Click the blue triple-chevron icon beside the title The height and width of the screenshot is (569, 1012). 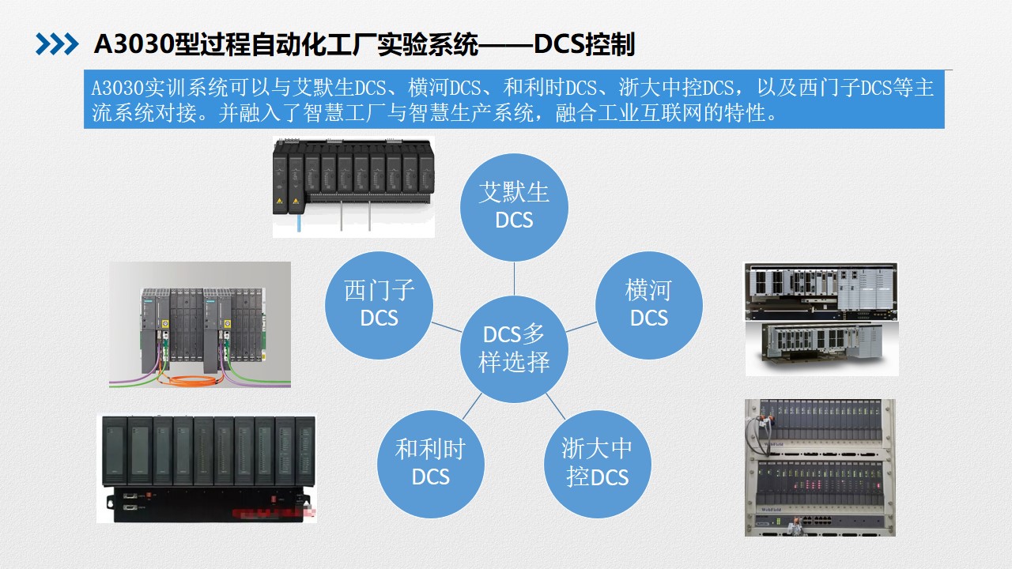pyautogui.click(x=57, y=44)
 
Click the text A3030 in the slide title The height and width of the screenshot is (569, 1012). pyautogui.click(x=134, y=44)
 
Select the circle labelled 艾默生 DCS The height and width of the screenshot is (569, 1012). pyautogui.click(x=514, y=207)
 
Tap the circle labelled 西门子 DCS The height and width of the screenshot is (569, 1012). pyautogui.click(x=379, y=305)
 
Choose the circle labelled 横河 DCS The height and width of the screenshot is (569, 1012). pyautogui.click(x=649, y=305)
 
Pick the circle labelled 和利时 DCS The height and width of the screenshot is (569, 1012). pyautogui.click(x=431, y=464)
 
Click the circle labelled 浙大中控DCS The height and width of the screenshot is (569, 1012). pyautogui.click(x=597, y=464)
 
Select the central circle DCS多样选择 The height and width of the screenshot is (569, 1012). pyautogui.click(x=514, y=349)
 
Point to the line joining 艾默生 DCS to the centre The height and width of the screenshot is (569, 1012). pyautogui.click(x=514, y=279)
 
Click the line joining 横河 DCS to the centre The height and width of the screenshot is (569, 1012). pyautogui.click(x=581, y=327)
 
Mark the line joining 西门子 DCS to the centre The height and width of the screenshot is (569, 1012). pyautogui.click(x=447, y=327)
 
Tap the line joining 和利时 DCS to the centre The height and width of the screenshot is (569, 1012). pyautogui.click(x=472, y=406)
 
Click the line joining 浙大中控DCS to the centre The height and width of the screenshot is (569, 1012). pyautogui.click(x=556, y=406)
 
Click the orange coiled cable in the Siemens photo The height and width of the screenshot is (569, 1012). pyautogui.click(x=190, y=382)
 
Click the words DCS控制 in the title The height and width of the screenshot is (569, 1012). pyautogui.click(x=584, y=44)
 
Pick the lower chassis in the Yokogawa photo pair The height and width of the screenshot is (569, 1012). pyautogui.click(x=821, y=348)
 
